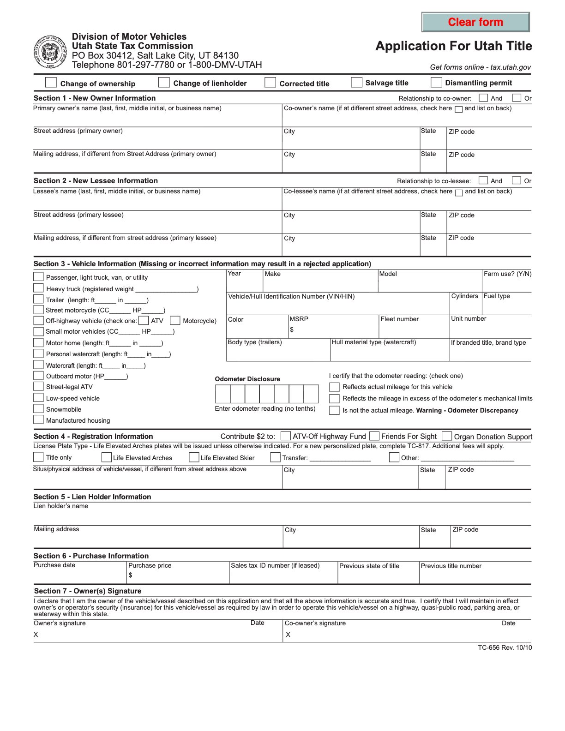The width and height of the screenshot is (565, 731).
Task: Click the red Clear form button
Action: click(x=475, y=22)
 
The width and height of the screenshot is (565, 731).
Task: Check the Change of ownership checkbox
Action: click(x=51, y=83)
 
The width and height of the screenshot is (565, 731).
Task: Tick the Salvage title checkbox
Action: click(x=356, y=82)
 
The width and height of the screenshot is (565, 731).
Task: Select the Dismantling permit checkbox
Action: click(x=436, y=82)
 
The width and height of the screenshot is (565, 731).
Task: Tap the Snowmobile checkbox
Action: click(x=38, y=408)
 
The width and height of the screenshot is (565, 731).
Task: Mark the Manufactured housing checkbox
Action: click(x=38, y=419)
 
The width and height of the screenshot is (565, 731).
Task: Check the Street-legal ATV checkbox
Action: click(x=38, y=386)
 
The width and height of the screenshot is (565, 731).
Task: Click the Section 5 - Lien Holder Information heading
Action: click(x=92, y=497)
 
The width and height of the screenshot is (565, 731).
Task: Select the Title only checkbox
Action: click(x=38, y=457)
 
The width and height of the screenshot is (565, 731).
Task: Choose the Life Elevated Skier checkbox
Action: click(x=194, y=457)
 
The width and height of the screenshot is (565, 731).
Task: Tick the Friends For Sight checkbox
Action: click(x=374, y=436)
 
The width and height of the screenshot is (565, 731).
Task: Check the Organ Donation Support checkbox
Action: click(x=447, y=436)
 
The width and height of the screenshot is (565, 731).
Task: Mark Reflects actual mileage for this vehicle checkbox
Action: click(x=334, y=387)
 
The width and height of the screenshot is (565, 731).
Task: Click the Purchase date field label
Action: click(x=54, y=565)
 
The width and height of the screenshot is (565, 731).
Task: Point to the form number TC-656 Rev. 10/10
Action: click(x=505, y=647)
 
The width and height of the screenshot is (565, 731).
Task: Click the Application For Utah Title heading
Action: click(x=453, y=46)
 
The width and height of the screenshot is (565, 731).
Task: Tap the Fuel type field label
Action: click(x=497, y=296)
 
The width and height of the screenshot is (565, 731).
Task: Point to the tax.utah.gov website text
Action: click(x=511, y=67)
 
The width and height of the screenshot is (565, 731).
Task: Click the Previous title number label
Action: click(x=451, y=566)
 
